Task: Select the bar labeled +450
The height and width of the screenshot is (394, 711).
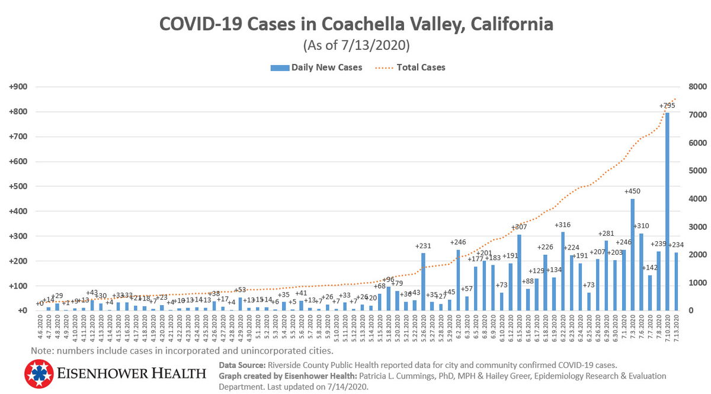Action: coord(632,255)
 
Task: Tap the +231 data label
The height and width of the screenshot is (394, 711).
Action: coord(423,245)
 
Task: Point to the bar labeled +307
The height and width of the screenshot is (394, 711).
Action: coord(519,273)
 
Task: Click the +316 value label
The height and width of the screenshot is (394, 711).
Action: coord(562,225)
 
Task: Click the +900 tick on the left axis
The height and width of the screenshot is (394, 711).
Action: coord(18,87)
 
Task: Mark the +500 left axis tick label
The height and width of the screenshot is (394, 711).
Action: coord(18,187)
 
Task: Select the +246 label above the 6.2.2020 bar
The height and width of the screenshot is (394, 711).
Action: coord(458,242)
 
